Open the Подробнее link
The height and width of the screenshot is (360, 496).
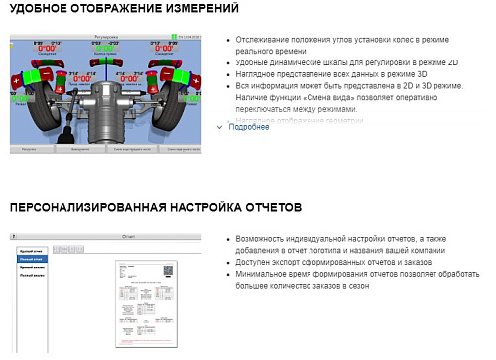tap(248, 127)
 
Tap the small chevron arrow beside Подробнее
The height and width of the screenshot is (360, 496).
tap(220, 127)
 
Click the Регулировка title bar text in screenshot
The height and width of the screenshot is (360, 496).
tap(104, 38)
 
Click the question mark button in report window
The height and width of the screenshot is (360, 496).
tap(198, 238)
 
